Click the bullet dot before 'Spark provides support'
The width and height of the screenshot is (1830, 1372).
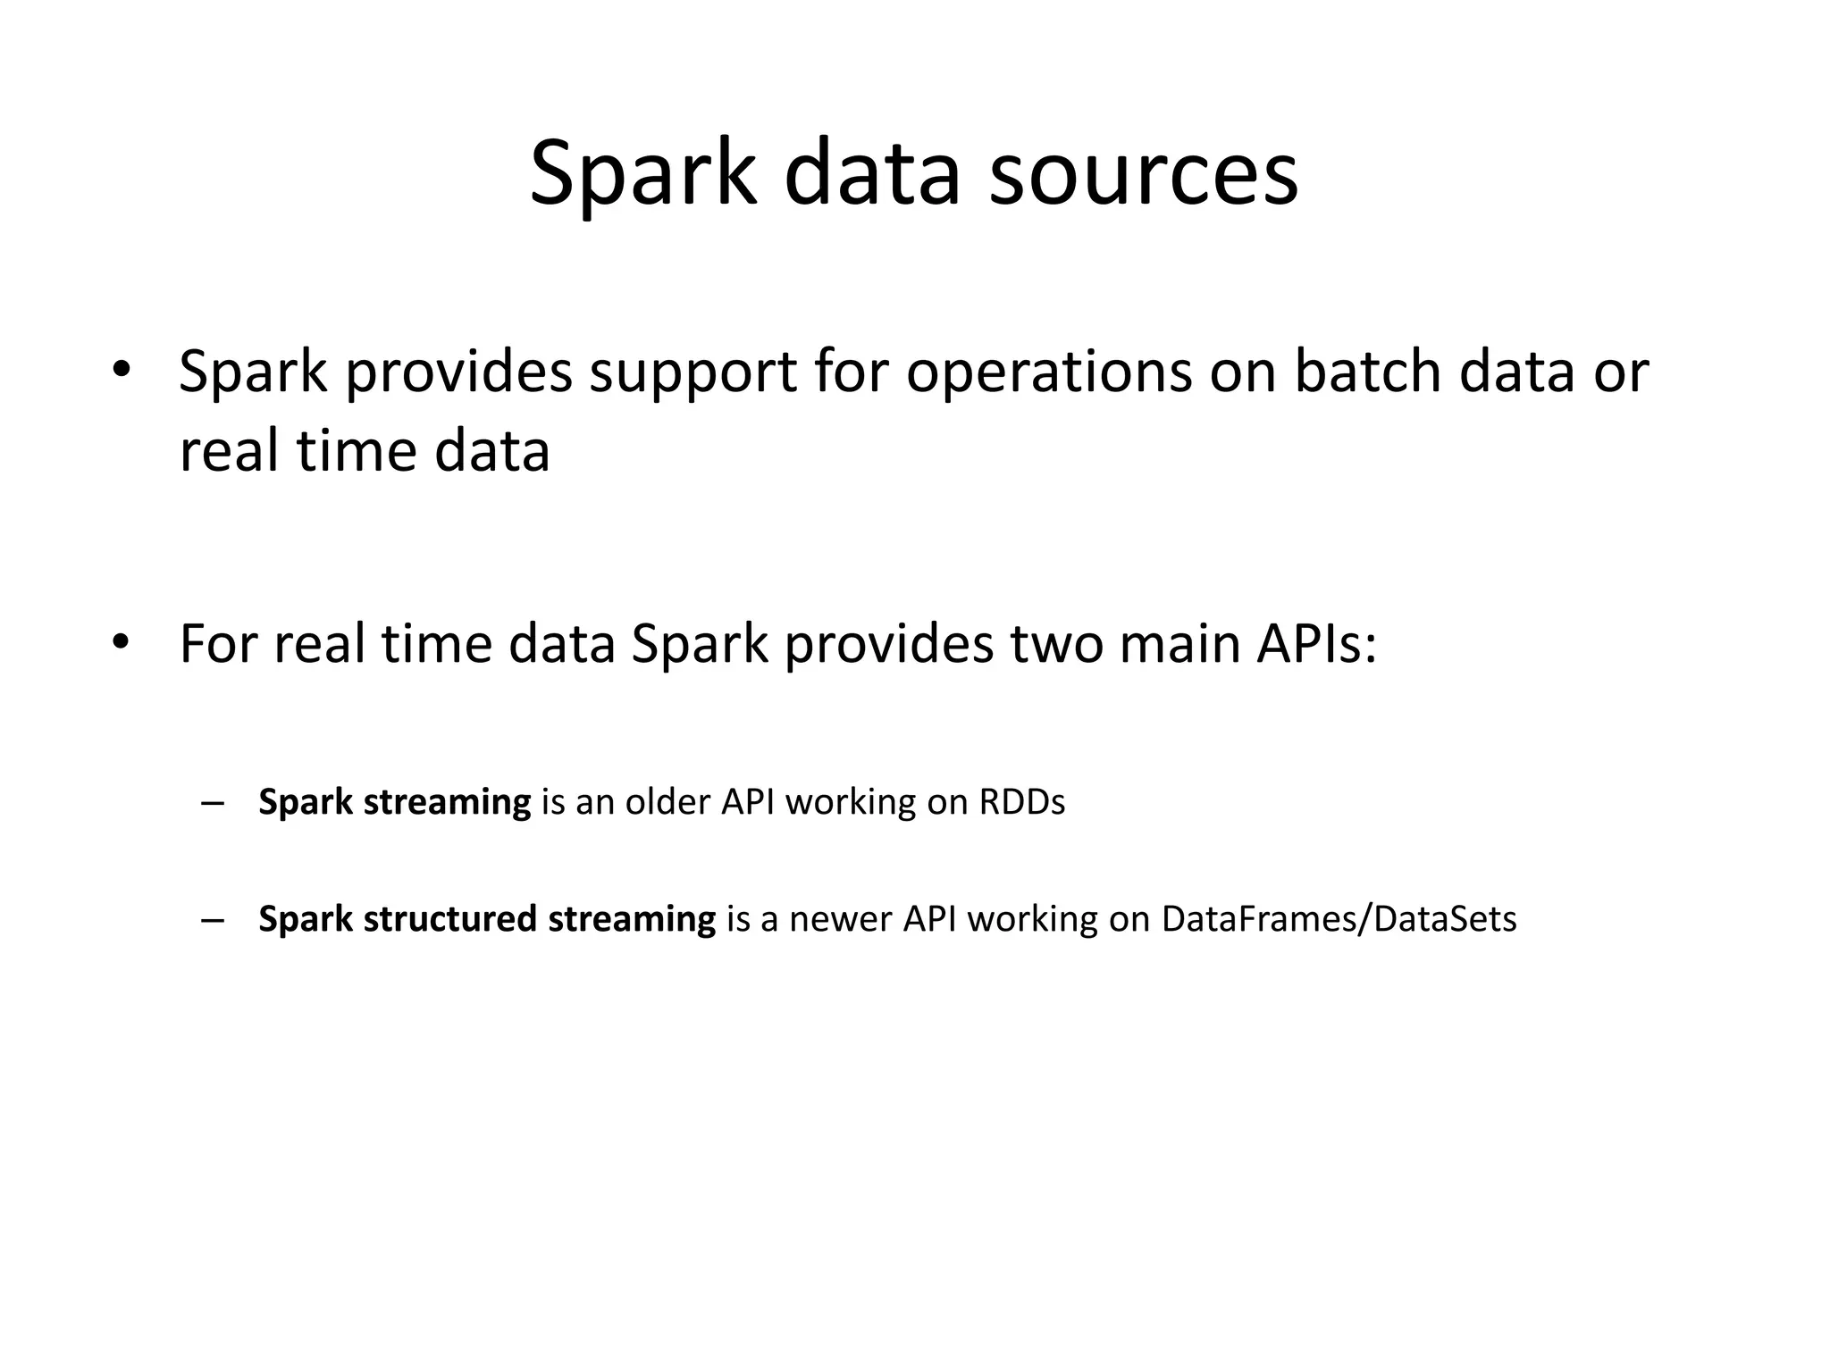pyautogui.click(x=122, y=370)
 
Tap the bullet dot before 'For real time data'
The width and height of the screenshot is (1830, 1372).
pyautogui.click(x=122, y=642)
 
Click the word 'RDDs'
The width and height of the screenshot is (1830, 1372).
pyautogui.click(x=1022, y=802)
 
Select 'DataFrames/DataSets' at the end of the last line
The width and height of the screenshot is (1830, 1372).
pyautogui.click(x=1339, y=919)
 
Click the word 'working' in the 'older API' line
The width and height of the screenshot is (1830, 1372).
pyautogui.click(x=850, y=802)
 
